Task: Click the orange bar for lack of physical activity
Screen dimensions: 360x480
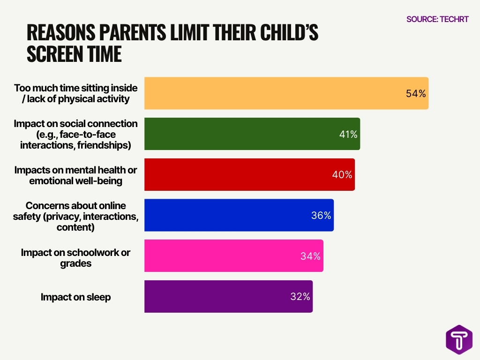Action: click(286, 93)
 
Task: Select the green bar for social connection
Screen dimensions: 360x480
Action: click(252, 134)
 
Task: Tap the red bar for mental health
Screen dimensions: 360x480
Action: click(249, 174)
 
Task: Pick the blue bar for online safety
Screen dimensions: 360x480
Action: click(239, 215)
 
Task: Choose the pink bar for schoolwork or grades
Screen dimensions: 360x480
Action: click(233, 255)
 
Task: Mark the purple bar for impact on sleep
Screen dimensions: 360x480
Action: click(228, 296)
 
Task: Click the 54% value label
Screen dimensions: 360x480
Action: click(415, 94)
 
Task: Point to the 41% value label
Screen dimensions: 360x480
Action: click(348, 135)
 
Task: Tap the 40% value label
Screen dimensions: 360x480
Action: click(342, 175)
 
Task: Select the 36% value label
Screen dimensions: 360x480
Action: click(321, 216)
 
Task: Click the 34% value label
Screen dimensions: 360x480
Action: click(310, 256)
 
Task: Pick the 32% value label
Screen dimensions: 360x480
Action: click(300, 297)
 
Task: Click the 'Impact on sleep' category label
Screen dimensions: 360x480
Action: click(76, 297)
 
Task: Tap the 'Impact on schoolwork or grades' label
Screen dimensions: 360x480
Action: click(75, 258)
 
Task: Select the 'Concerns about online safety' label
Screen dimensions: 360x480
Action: click(75, 217)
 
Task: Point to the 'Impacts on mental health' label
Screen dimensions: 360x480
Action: click(75, 175)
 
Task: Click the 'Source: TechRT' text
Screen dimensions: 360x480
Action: click(437, 19)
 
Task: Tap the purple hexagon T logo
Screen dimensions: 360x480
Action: click(459, 340)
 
